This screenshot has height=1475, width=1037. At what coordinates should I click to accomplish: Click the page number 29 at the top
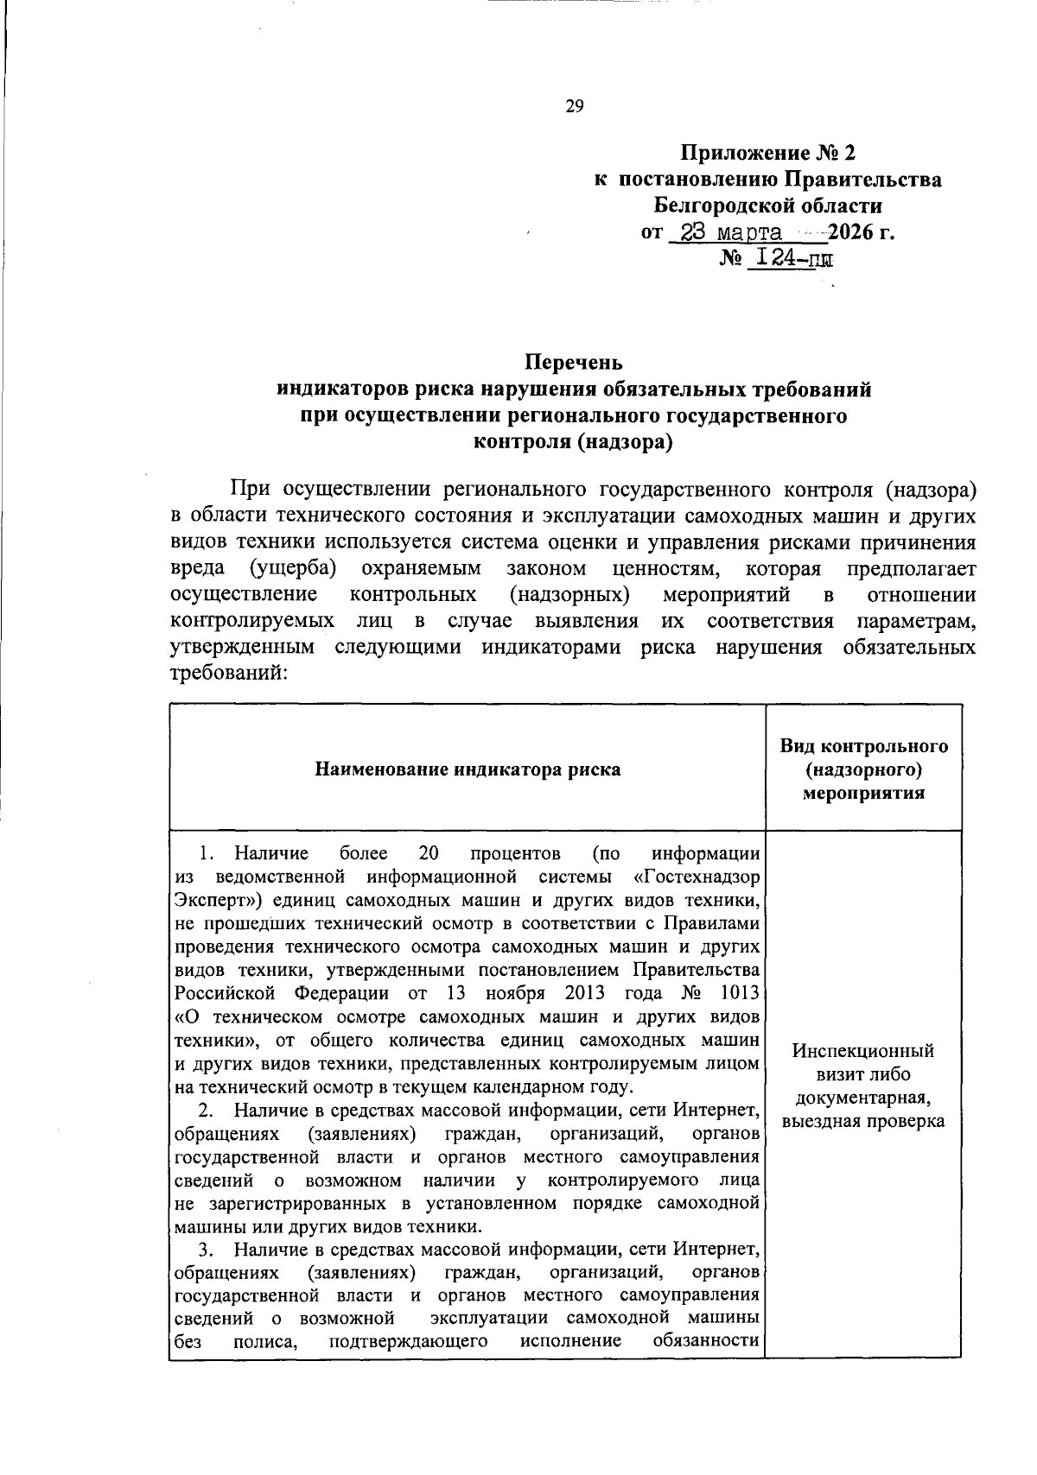point(575,106)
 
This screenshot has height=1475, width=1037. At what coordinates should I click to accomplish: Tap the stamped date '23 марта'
point(731,232)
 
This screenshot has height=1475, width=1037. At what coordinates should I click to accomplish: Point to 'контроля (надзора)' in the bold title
point(573,442)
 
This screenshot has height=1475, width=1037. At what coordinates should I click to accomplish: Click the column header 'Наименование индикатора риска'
point(467,769)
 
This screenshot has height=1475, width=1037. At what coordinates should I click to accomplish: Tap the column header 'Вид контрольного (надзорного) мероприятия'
point(863,769)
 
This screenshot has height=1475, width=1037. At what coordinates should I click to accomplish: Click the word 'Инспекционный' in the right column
point(863,1051)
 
